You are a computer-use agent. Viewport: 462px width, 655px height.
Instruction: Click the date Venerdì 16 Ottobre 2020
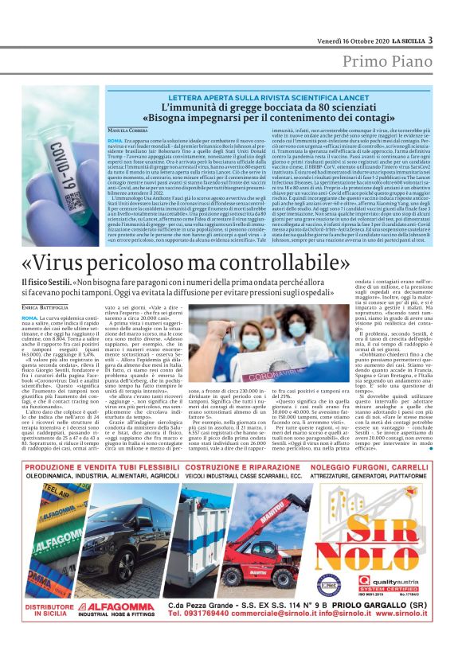(335, 41)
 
